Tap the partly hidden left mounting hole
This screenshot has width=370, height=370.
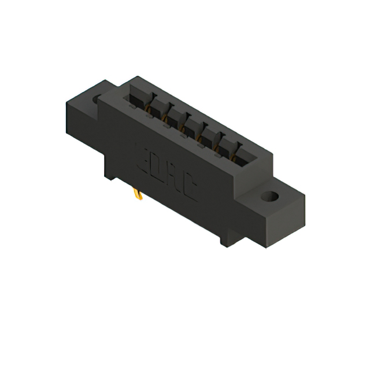[97, 99]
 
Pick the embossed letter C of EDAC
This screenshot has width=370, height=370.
[188, 188]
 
